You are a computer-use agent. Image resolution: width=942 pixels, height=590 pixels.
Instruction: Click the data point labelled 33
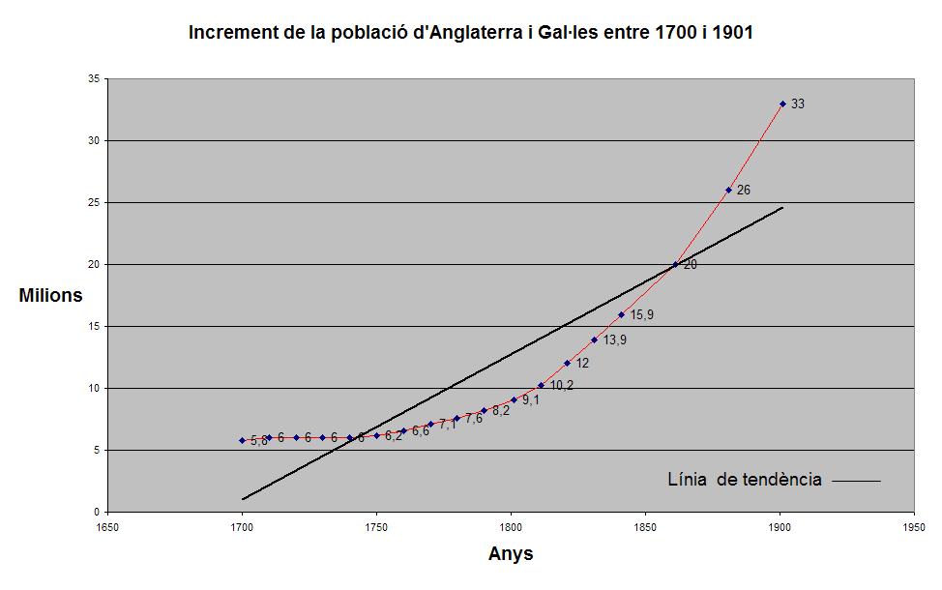click(782, 103)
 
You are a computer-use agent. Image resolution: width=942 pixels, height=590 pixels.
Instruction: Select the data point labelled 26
click(728, 190)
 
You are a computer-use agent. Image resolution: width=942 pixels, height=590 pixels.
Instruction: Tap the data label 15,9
click(642, 314)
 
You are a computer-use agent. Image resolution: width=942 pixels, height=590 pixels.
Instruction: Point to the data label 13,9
click(615, 339)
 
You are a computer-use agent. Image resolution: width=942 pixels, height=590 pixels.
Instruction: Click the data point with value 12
click(567, 364)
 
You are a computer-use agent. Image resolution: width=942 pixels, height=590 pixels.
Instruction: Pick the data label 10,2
click(562, 385)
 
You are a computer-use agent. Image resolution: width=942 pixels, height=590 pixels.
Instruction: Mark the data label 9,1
click(530, 399)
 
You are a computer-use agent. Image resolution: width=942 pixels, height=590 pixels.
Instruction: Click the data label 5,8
click(258, 440)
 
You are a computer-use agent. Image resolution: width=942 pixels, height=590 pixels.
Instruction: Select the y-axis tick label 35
click(93, 78)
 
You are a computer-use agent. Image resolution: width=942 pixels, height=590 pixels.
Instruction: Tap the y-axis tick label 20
click(93, 264)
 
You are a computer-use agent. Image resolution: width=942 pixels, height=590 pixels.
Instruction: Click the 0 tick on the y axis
click(96, 512)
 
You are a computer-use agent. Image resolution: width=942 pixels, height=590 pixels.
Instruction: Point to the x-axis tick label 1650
click(106, 528)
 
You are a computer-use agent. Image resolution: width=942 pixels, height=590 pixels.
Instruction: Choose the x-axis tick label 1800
click(511, 528)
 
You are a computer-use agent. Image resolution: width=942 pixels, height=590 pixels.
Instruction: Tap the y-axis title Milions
click(50, 296)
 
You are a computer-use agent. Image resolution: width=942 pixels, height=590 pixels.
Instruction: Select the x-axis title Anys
click(511, 554)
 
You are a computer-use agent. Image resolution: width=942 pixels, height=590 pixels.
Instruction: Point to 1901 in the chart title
click(732, 33)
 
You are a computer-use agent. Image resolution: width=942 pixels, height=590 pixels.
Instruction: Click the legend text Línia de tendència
click(745, 480)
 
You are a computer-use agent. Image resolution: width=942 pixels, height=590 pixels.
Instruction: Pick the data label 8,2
click(501, 410)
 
